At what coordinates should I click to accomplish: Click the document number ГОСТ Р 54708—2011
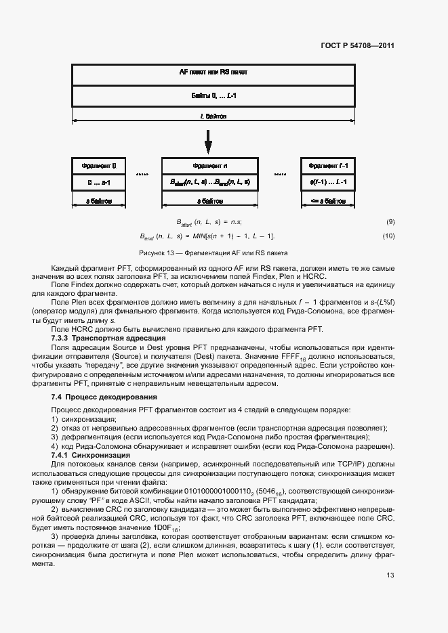tap(357, 46)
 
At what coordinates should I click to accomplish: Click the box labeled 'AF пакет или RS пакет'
tap(213, 72)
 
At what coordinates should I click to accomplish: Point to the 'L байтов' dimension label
tap(213, 116)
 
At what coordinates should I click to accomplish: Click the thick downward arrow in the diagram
tap(208, 141)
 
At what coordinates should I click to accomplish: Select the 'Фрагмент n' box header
tap(209, 165)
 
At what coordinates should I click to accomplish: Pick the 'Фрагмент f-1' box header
tap(328, 165)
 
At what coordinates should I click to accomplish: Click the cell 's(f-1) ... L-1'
tap(328, 182)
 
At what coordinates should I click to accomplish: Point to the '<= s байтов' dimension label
tap(328, 200)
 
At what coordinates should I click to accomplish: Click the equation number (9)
tap(390, 222)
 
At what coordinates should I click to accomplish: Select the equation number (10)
tap(388, 236)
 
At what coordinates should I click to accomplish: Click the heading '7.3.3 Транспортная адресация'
tap(104, 337)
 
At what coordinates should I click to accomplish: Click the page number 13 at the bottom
tap(390, 575)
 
